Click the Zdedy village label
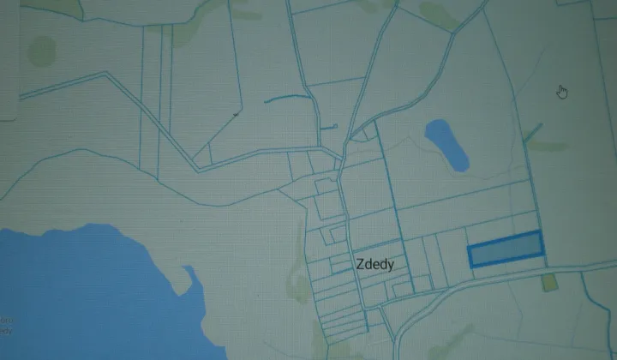click(373, 265)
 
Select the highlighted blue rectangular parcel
click(506, 249)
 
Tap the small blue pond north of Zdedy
click(446, 143)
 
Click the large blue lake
click(86, 291)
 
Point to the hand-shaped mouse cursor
click(562, 92)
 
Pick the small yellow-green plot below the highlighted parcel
click(549, 281)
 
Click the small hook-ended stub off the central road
click(328, 127)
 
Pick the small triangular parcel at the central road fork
click(368, 134)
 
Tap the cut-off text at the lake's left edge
click(5, 326)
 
